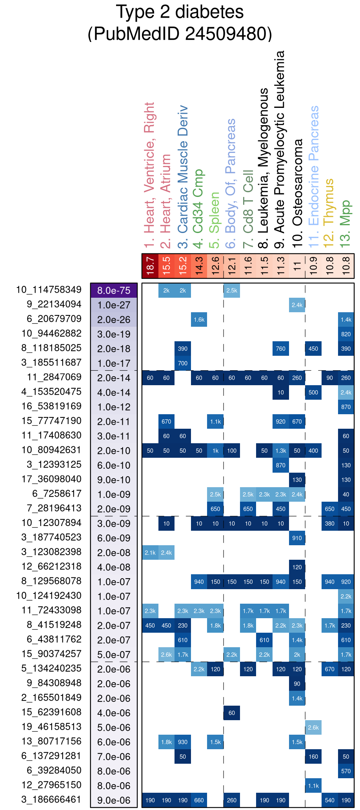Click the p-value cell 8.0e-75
(114, 291)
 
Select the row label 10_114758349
(49, 290)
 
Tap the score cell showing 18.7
(150, 266)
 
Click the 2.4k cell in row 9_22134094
(297, 305)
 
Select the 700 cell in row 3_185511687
(183, 363)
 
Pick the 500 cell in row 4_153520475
(313, 392)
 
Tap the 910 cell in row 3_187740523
(297, 538)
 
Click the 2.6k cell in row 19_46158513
(313, 727)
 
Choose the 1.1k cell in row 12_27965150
(313, 786)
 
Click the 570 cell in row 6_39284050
(346, 771)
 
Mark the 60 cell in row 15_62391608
(231, 713)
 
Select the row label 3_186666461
(51, 799)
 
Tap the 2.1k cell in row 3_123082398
(150, 553)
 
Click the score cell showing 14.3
(199, 266)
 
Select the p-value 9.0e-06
(114, 800)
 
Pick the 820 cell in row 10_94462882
(346, 334)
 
